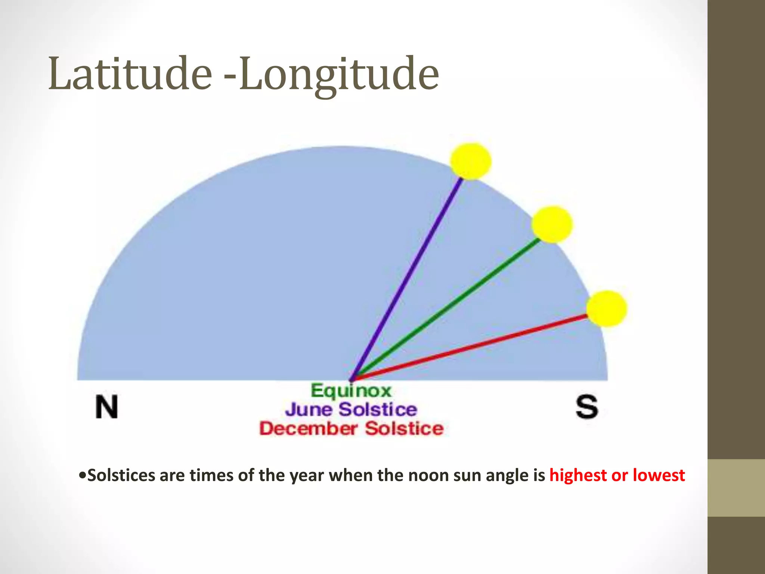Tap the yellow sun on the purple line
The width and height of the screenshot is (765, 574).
(470, 161)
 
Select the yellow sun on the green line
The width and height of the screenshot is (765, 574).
(552, 224)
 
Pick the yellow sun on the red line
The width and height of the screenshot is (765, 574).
(606, 309)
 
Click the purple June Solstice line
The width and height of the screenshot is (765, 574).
(407, 277)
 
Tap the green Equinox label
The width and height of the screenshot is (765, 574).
(351, 391)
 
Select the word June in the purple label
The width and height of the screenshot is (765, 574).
(309, 410)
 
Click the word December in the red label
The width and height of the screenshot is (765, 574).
(309, 428)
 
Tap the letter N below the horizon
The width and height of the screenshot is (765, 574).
(106, 407)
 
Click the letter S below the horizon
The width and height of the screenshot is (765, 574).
(586, 407)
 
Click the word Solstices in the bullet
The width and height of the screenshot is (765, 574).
(121, 475)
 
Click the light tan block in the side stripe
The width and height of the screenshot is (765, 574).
(736, 488)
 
